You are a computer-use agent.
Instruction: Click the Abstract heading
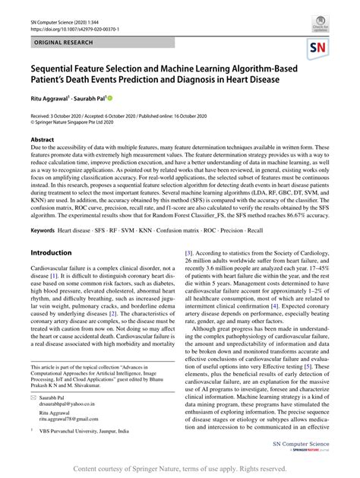(43, 141)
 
